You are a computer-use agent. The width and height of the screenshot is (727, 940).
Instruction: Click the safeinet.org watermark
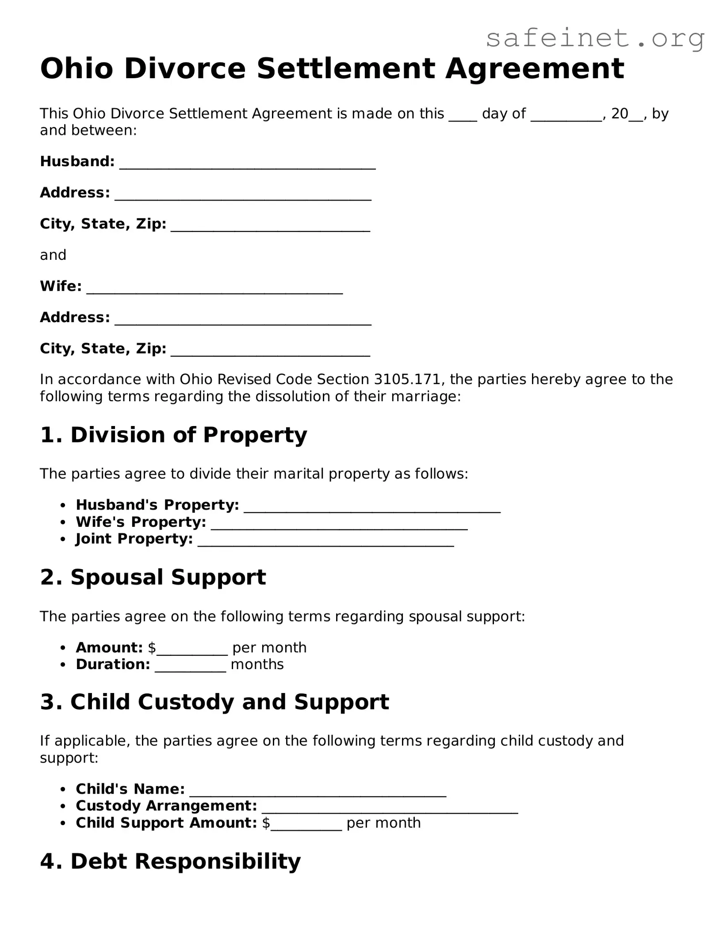coord(595,38)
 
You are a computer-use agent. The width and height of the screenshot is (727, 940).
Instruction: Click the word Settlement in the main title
coord(346,69)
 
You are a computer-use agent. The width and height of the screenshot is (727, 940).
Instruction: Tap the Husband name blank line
coord(248,164)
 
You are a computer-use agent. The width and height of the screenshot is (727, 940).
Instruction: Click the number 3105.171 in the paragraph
coord(407,380)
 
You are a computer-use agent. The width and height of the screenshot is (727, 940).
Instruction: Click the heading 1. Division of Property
coord(173,435)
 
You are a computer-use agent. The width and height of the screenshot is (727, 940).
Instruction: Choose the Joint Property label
coord(134,539)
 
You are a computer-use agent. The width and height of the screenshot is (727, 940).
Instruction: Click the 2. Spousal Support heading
coord(153,577)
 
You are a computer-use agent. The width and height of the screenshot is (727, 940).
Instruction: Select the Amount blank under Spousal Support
coord(192,650)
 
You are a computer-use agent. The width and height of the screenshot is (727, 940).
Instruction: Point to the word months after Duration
coord(257,664)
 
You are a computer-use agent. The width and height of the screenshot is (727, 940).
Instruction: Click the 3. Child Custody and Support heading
coord(214,702)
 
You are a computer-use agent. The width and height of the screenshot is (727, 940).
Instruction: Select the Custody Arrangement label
coord(166,806)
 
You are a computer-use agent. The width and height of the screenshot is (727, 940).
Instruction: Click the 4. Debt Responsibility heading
coord(170,861)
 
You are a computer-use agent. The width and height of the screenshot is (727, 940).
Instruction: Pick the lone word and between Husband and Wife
coord(53,255)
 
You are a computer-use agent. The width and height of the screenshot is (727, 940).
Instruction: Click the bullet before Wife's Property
coord(64,522)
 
